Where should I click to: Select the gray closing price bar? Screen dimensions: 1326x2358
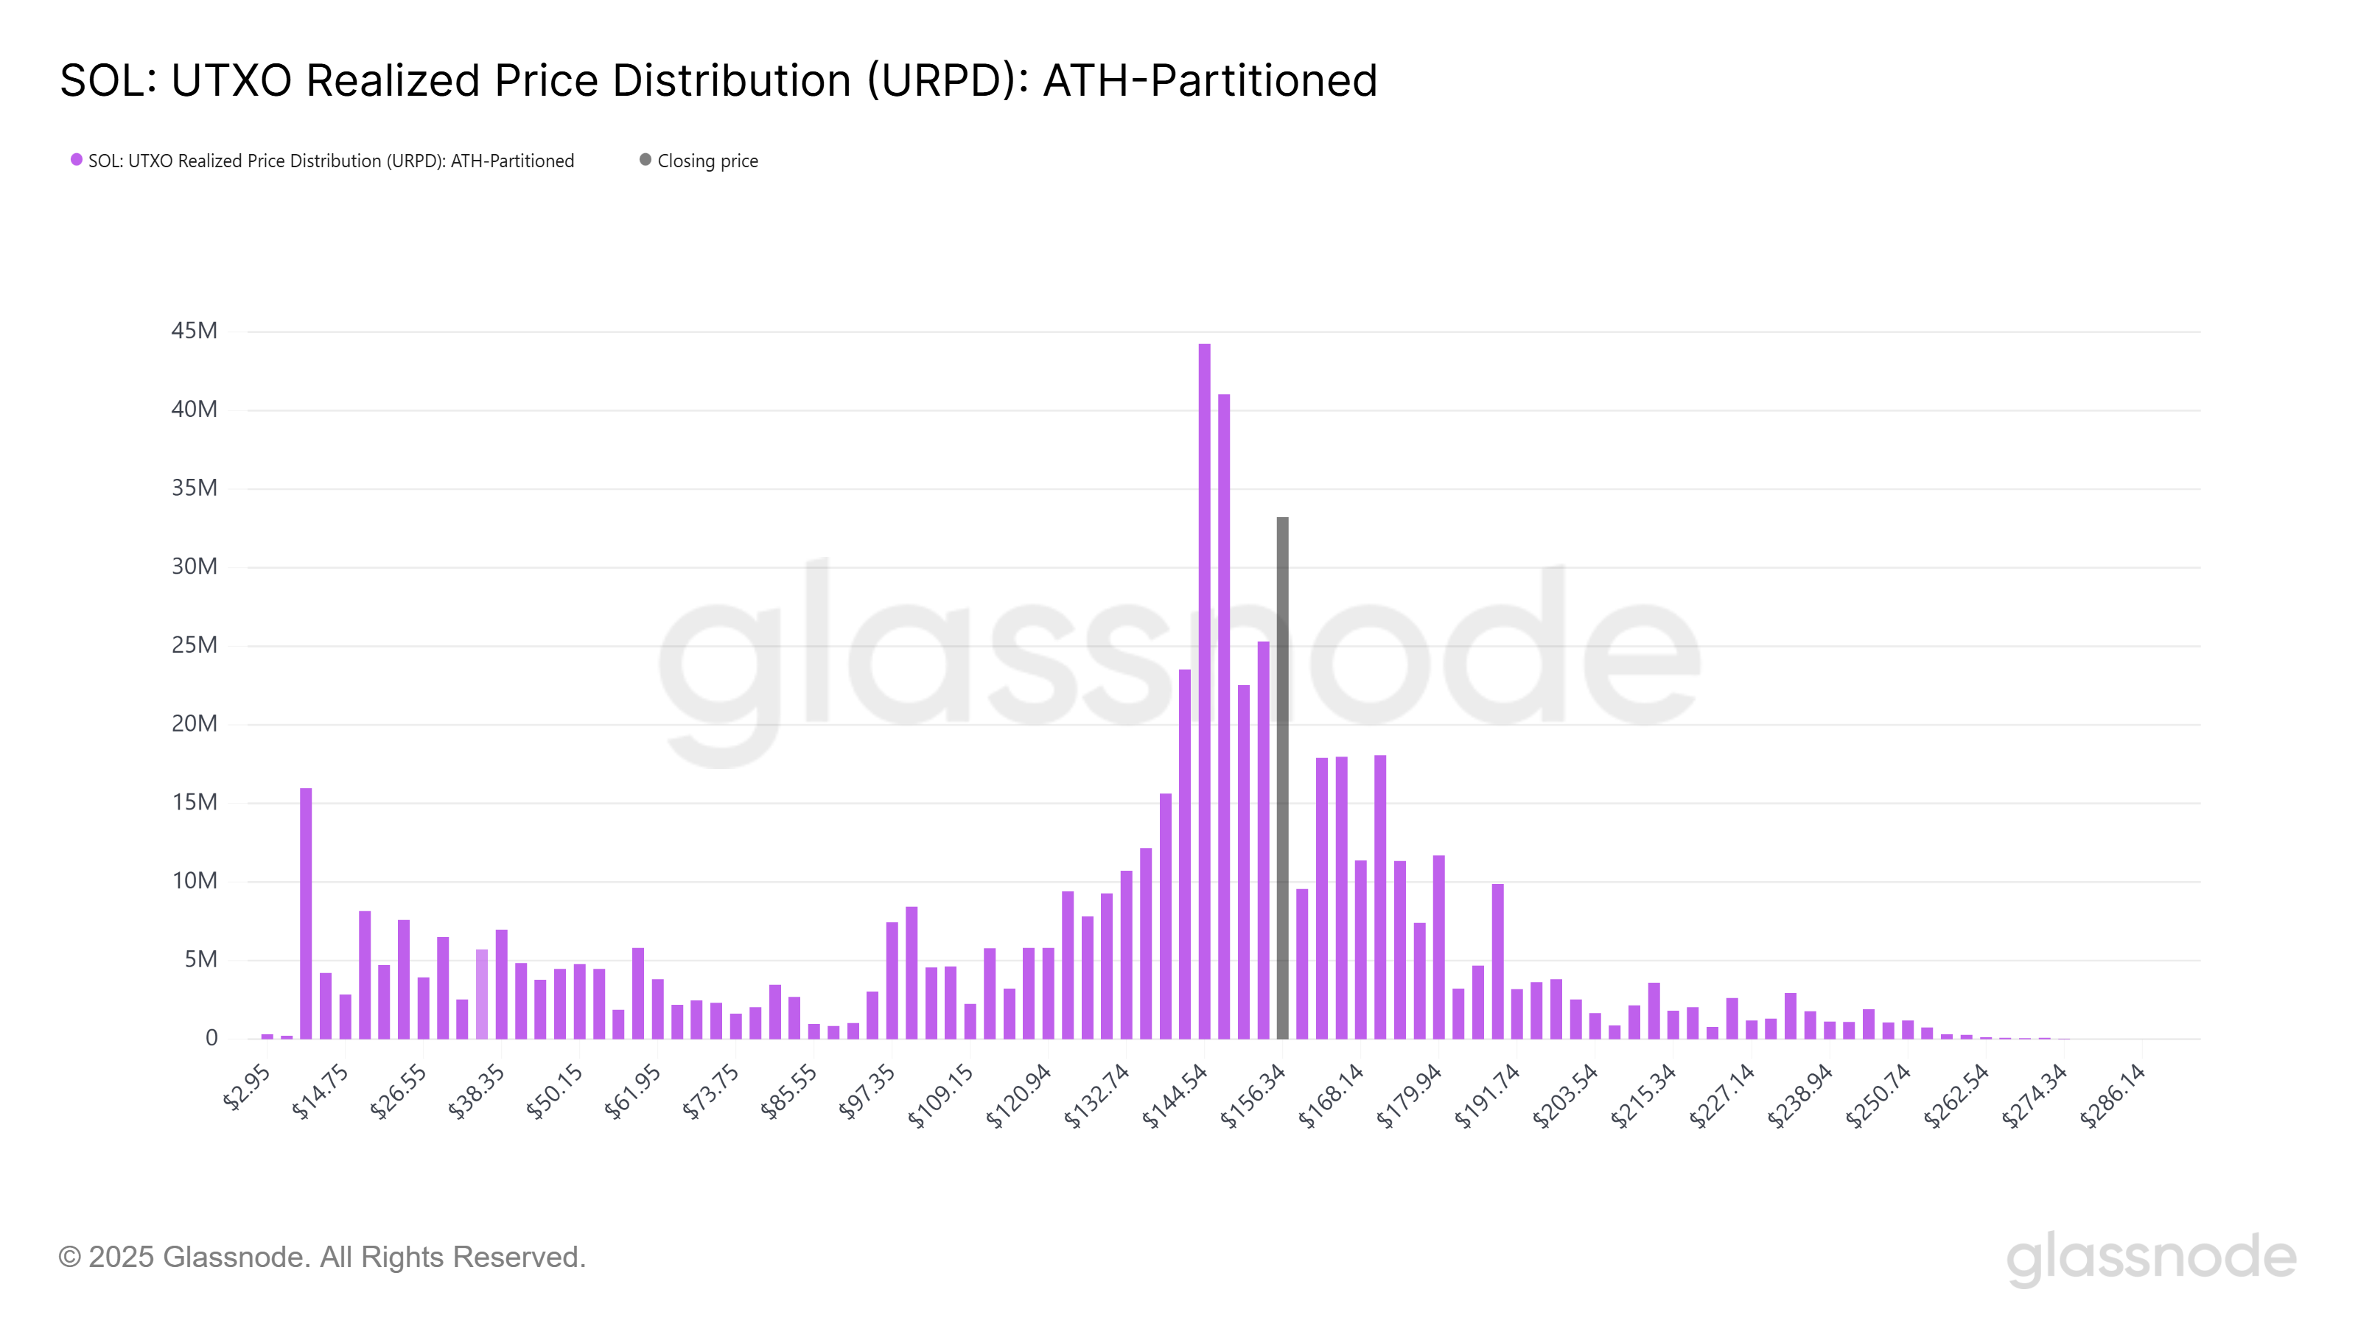1282,778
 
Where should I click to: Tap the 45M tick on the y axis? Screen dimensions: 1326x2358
194,330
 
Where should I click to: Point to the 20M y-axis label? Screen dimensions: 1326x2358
194,724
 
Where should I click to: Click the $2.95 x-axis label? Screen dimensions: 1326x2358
247,1087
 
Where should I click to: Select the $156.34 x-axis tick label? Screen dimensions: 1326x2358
1254,1095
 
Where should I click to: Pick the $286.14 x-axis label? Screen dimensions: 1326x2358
2113,1095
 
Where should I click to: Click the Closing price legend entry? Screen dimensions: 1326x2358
707,161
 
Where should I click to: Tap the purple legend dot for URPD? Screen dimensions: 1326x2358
77,160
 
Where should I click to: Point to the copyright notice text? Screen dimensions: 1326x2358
321,1257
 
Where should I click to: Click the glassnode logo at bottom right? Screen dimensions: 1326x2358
2151,1257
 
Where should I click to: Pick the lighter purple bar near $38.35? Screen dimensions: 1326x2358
481,994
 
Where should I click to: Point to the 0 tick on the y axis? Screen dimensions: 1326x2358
211,1038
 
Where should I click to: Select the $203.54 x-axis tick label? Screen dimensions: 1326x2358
1566,1095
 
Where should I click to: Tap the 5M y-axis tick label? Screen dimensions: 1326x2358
200,959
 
